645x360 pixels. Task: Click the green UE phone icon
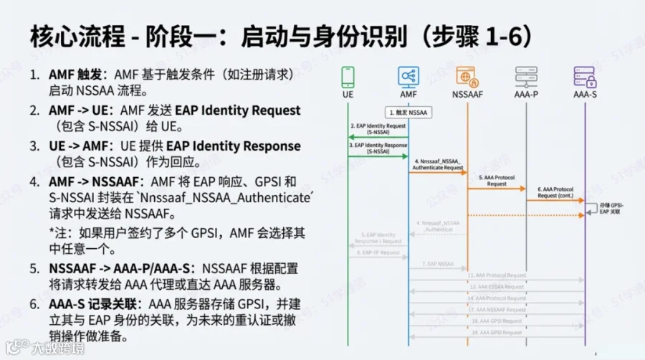tap(348, 76)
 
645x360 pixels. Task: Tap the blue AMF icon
tap(408, 76)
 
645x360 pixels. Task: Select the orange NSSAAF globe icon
tap(467, 76)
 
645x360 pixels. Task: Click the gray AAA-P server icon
tap(526, 76)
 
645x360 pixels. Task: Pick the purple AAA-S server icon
tap(585, 76)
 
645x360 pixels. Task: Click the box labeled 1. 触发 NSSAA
tap(409, 113)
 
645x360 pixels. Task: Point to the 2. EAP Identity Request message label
tap(378, 128)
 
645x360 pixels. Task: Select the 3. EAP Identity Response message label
tap(378, 148)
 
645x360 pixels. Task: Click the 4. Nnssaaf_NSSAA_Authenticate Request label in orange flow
tap(438, 165)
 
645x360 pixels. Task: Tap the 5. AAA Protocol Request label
tap(497, 180)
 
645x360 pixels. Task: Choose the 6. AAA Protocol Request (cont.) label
tap(555, 191)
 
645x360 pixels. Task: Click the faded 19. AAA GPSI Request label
tap(497, 333)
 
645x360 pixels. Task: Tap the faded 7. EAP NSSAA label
tap(438, 265)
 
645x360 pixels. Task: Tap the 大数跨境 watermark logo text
tap(58, 348)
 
